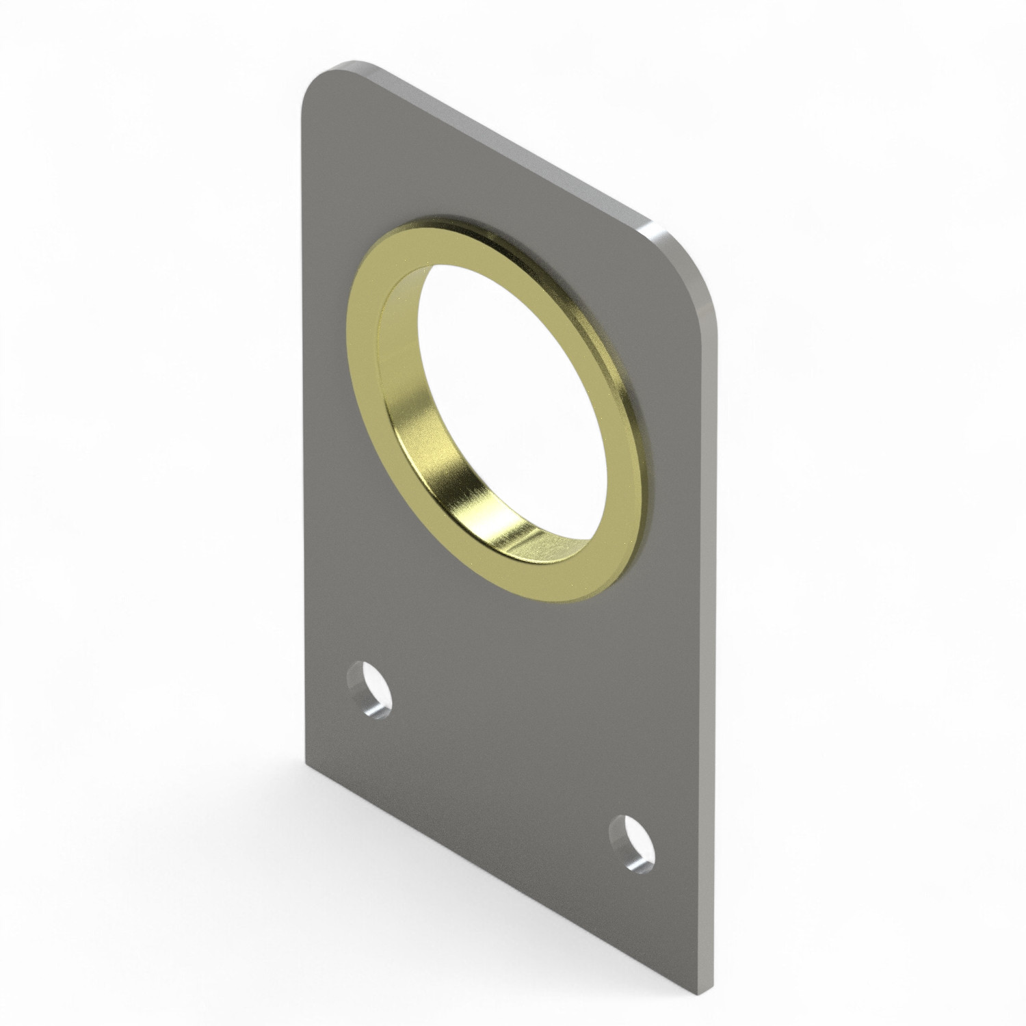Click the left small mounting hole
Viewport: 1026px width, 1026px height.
pyautogui.click(x=369, y=688)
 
